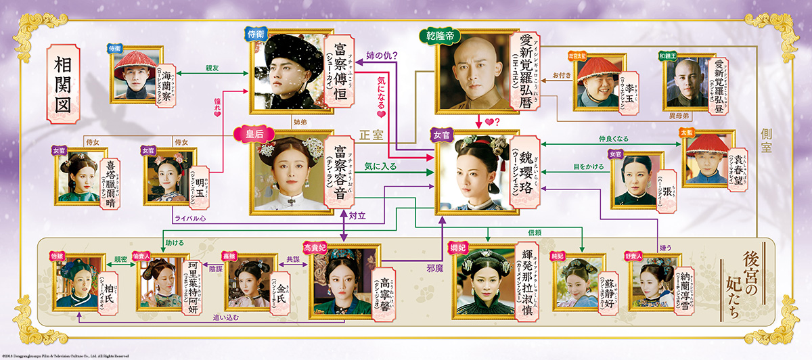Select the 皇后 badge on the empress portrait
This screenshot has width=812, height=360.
[247, 133]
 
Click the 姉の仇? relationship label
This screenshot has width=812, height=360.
[382, 55]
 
